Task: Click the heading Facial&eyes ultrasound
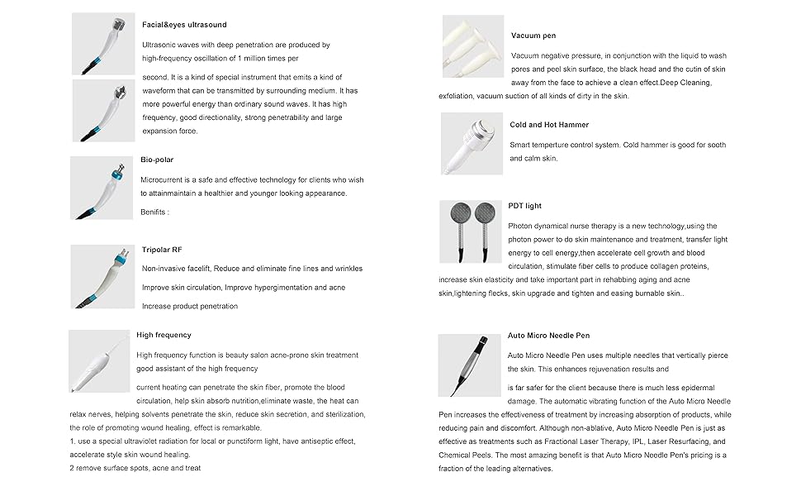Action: (x=184, y=25)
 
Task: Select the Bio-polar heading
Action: (x=157, y=160)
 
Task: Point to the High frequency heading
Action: (x=164, y=335)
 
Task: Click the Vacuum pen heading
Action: (x=533, y=36)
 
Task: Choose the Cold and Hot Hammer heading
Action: (x=549, y=125)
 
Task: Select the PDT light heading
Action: (x=525, y=206)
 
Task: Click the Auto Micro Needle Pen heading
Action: (x=548, y=336)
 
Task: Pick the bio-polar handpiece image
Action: (x=102, y=188)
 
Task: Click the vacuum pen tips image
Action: (x=472, y=45)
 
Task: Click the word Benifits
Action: (x=154, y=212)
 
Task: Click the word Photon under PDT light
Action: (x=521, y=226)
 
